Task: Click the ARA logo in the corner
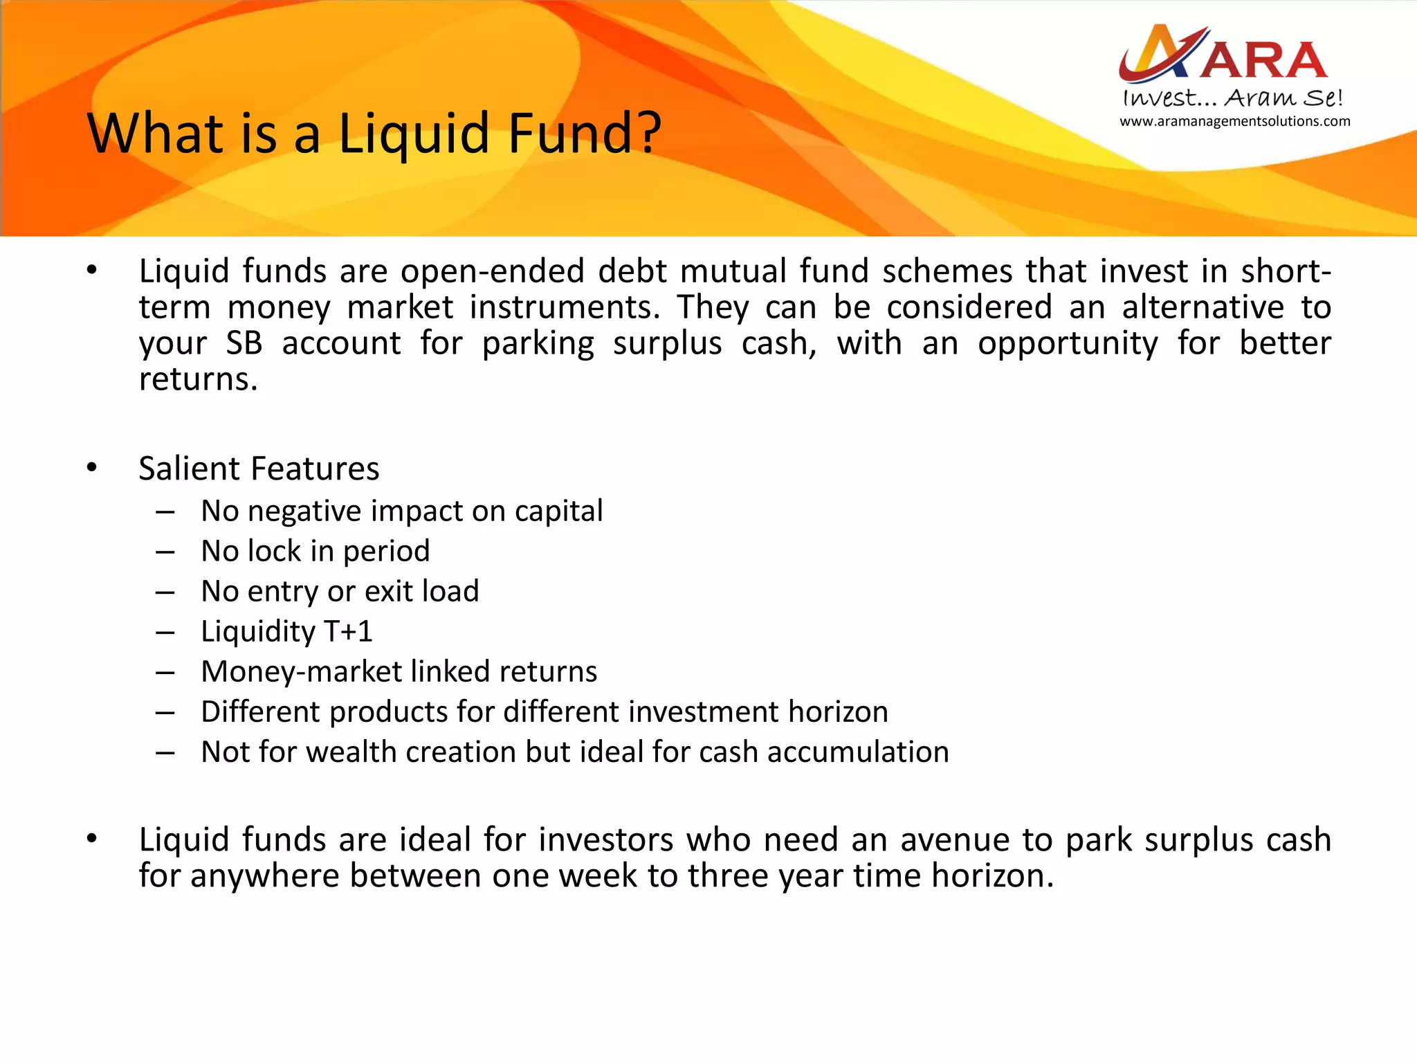click(1223, 54)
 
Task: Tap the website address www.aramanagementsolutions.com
click(1234, 122)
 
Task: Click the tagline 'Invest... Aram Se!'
click(1232, 98)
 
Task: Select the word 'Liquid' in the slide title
click(414, 134)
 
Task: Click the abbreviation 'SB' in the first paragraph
click(244, 343)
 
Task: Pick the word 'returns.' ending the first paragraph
click(199, 379)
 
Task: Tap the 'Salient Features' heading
click(259, 469)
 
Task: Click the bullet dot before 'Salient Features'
click(92, 469)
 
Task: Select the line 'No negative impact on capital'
click(401, 511)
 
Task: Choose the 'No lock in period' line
click(315, 552)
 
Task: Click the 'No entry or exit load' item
click(340, 592)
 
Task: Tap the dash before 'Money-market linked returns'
click(165, 673)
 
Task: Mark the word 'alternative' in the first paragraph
click(1203, 307)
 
